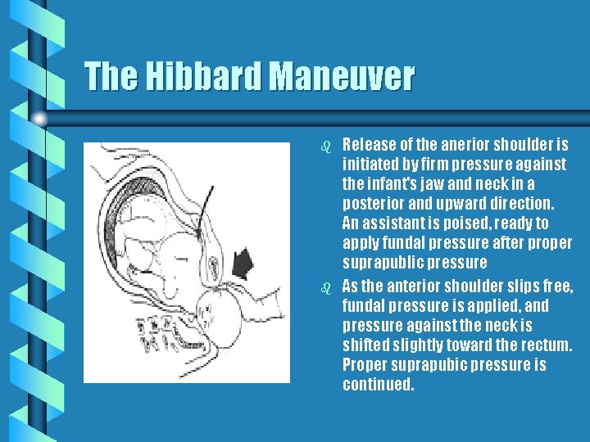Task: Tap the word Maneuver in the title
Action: coord(343,78)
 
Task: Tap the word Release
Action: coord(369,145)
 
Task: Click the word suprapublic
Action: coord(383,263)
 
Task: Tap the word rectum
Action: coord(547,345)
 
